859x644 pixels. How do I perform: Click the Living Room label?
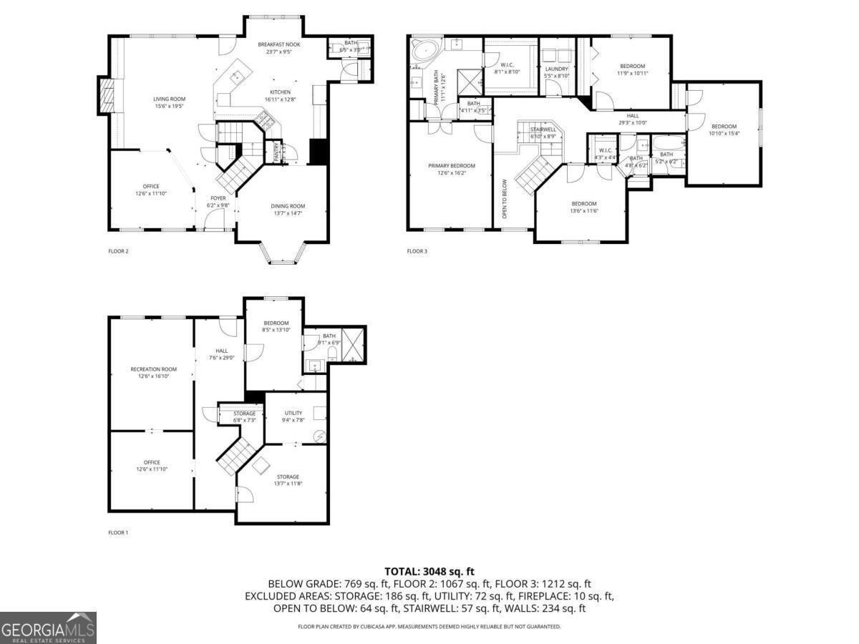click(170, 99)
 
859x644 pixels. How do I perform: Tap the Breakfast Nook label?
click(279, 44)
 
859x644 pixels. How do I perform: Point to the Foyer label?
click(218, 198)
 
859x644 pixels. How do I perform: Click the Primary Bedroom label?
click(451, 166)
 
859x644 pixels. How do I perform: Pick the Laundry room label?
click(555, 69)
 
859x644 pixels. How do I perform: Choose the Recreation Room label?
click(153, 369)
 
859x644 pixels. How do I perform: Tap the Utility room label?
click(293, 413)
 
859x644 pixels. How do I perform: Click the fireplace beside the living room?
click(106, 96)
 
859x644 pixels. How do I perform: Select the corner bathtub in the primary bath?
click(426, 51)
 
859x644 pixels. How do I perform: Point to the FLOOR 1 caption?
click(118, 532)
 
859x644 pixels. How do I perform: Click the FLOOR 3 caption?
click(417, 251)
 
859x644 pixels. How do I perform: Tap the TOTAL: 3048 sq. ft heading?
click(429, 571)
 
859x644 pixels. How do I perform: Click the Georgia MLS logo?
click(48, 628)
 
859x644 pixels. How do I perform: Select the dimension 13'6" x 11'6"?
click(583, 210)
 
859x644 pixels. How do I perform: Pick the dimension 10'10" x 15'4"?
click(723, 133)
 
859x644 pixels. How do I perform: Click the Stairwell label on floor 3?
click(543, 130)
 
